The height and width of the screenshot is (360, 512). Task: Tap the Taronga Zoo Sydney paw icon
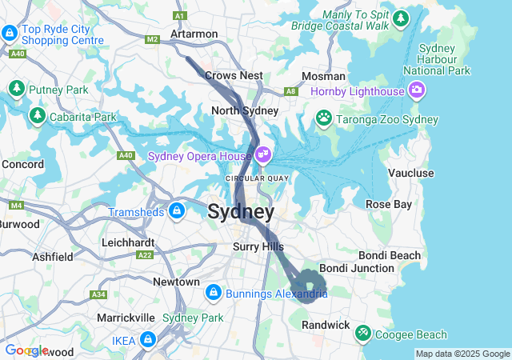[324, 119]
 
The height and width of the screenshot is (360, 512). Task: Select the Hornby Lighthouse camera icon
[416, 91]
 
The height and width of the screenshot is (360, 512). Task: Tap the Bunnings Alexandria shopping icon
[212, 294]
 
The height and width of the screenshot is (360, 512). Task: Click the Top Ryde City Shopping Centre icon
[10, 34]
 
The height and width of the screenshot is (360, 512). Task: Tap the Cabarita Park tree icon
[38, 117]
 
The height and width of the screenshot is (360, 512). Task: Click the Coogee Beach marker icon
[362, 331]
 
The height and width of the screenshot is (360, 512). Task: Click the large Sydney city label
[241, 213]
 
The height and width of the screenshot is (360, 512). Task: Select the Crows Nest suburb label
[234, 75]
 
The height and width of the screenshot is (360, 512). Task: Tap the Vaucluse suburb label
[410, 173]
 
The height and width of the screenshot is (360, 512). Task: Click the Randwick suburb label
[326, 325]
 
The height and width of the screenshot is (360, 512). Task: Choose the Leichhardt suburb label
[128, 241]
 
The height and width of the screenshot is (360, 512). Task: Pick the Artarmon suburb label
[194, 34]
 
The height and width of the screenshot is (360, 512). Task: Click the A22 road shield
[145, 255]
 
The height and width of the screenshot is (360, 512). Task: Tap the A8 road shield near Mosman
[291, 91]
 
